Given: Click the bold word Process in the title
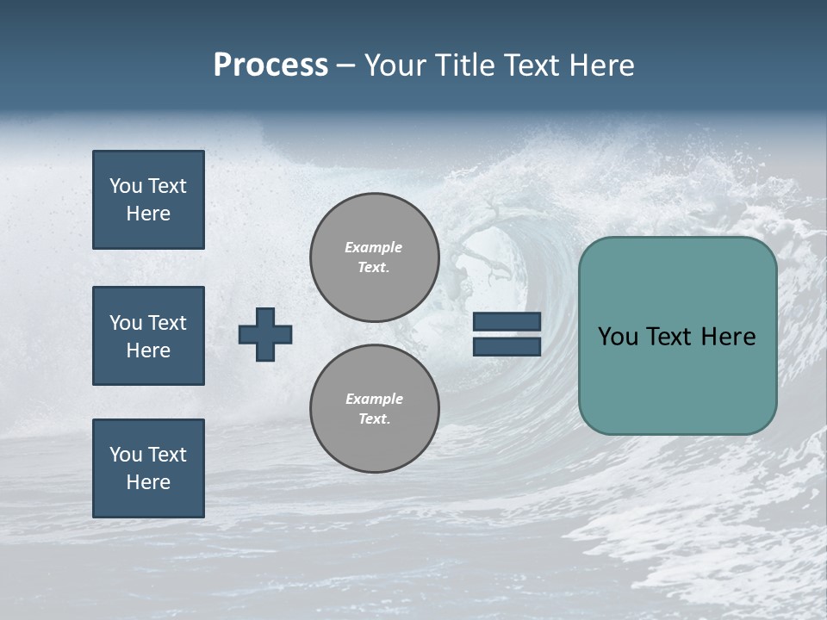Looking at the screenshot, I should click(270, 65).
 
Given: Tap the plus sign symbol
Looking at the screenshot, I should click(265, 334).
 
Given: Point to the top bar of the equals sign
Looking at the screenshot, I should click(507, 322).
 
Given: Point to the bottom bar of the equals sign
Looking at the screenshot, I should click(507, 346).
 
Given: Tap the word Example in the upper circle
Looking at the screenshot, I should click(373, 247).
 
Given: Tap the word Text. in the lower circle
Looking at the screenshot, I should click(374, 419).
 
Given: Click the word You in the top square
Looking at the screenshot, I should click(125, 186).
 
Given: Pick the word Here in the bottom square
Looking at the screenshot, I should click(148, 482).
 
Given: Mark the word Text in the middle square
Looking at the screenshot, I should click(166, 323).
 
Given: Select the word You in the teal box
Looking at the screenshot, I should click(617, 337).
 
